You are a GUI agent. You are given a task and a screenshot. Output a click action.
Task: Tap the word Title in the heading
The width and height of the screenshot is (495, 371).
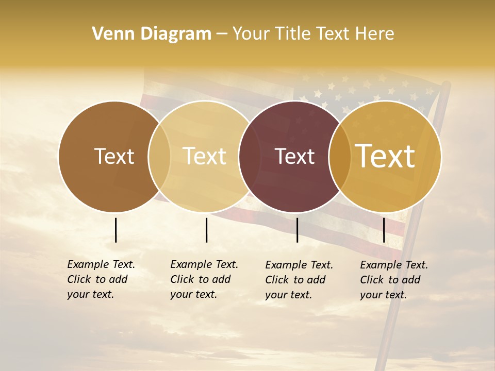(x=292, y=34)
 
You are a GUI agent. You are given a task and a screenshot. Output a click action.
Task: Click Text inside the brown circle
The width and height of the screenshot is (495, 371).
(x=114, y=157)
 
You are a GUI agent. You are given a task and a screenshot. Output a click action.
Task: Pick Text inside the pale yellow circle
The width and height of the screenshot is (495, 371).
(x=205, y=157)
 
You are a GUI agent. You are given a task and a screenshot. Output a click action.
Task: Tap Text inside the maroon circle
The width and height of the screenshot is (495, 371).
(x=294, y=157)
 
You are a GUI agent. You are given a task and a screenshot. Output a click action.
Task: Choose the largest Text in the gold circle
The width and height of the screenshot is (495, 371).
(x=385, y=156)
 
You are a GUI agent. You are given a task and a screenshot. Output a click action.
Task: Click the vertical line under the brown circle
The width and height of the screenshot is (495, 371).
(x=115, y=230)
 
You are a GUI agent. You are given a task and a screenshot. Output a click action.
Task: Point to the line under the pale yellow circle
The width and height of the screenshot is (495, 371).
(x=206, y=230)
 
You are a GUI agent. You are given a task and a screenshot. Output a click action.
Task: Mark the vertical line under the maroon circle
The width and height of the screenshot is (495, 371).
(x=297, y=230)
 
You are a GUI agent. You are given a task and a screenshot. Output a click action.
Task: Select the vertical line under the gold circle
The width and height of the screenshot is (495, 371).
(x=384, y=230)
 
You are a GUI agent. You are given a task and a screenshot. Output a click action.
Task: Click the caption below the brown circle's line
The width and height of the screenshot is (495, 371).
(x=101, y=279)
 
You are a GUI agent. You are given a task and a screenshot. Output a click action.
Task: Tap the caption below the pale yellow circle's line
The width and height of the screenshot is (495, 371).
(x=204, y=279)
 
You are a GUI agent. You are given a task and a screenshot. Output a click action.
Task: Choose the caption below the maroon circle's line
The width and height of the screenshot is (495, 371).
(x=299, y=280)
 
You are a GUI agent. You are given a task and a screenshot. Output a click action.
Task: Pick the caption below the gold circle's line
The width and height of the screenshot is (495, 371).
(x=394, y=280)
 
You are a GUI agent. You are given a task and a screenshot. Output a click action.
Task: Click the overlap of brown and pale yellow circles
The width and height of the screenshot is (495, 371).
(x=159, y=157)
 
